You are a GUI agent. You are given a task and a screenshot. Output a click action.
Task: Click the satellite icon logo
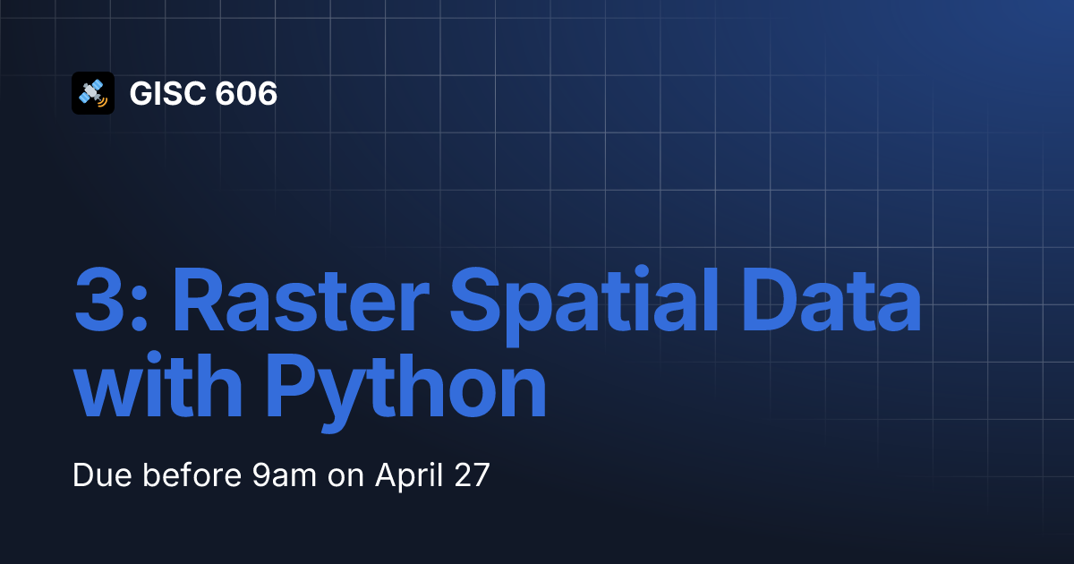tap(93, 93)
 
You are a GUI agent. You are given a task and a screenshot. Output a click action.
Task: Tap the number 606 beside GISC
tap(246, 93)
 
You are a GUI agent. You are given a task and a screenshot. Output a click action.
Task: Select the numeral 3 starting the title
tap(98, 300)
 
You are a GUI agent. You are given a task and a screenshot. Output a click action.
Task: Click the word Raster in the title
tap(301, 300)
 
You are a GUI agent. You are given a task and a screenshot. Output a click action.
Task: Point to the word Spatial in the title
tap(584, 306)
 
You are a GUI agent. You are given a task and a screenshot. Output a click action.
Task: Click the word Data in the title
tap(831, 300)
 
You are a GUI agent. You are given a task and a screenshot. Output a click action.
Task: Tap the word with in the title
tap(158, 385)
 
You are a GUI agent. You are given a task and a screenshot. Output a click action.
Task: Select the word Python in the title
tap(406, 392)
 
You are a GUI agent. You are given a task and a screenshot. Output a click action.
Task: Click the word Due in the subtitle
tap(102, 475)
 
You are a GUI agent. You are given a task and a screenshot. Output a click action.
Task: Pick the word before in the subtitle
tap(192, 475)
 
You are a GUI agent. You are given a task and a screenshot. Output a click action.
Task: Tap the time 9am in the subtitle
tap(285, 476)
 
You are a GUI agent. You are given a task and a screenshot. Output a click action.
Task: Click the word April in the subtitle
tap(409, 476)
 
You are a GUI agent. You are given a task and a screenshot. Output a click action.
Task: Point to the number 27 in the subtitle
tap(472, 475)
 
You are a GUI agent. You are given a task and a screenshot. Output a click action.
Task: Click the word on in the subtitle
tap(345, 478)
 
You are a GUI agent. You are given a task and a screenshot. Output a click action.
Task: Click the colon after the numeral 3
tap(139, 307)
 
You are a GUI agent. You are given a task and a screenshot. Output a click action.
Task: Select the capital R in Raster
tap(200, 300)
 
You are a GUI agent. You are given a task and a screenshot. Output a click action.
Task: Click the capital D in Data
tap(770, 300)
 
